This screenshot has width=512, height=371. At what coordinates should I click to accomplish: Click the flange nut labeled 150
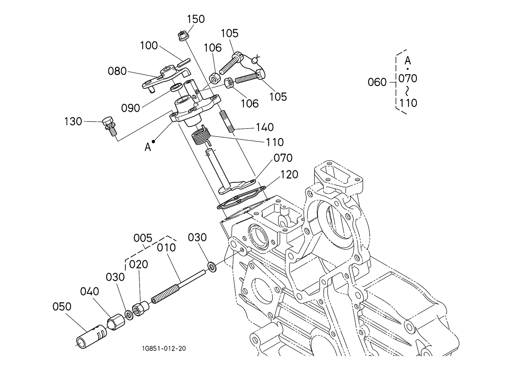182,36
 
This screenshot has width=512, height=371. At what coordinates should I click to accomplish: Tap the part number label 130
73,122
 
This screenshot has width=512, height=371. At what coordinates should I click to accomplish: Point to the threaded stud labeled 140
227,122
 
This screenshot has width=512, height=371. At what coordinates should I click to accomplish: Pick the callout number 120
289,175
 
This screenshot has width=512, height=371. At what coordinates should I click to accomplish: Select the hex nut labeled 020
141,308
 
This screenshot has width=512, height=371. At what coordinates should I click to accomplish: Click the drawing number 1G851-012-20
164,348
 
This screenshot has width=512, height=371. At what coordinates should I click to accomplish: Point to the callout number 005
143,238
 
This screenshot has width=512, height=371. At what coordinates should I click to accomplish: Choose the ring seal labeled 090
177,87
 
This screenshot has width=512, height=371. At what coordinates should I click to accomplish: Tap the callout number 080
117,71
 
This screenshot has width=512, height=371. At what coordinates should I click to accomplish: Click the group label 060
377,82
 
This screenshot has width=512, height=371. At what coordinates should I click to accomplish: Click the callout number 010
166,248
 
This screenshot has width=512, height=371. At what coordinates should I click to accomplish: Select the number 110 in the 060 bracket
408,103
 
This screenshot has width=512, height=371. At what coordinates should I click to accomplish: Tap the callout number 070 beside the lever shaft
283,158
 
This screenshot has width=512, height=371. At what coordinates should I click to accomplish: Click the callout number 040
89,292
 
